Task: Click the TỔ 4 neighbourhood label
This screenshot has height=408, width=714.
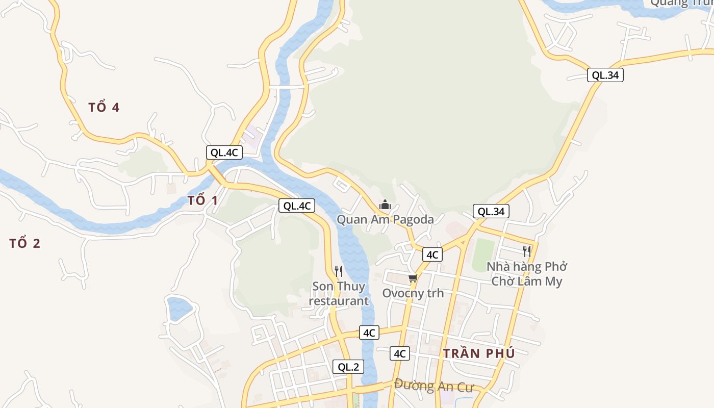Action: [104, 108]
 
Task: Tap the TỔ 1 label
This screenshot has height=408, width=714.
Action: [202, 200]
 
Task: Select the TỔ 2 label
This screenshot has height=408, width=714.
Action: [24, 243]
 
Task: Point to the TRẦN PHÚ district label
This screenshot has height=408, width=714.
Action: [479, 353]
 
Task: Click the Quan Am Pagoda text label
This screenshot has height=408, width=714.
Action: [385, 220]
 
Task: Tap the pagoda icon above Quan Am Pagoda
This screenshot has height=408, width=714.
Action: [385, 205]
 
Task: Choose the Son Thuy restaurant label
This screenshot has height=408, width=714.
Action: [339, 293]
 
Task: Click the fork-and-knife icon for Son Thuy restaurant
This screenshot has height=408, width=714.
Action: [339, 271]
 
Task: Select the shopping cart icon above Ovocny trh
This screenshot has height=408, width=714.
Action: [413, 278]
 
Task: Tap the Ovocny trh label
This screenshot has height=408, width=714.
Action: [413, 293]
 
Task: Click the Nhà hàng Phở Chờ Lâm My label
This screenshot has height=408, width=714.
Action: [527, 274]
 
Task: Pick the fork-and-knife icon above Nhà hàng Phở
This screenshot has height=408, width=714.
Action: [527, 251]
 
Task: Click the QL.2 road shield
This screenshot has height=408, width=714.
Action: [348, 367]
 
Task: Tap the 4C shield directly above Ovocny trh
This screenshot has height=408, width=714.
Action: [432, 254]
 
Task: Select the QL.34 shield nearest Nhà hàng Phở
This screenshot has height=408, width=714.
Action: [491, 211]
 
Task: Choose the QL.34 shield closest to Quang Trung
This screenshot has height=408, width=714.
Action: [605, 75]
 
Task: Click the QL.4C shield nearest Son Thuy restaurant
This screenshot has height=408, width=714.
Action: [297, 206]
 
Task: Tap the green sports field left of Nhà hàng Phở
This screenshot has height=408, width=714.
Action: [483, 254]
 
